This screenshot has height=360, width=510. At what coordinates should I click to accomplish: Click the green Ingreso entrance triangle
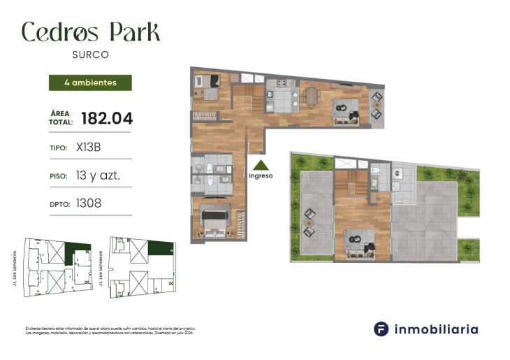point(261,166)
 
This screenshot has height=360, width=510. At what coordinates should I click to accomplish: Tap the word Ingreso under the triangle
point(261,176)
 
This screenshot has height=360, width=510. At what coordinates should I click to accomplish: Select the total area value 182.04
point(107,118)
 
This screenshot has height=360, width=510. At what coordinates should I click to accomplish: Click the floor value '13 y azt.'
point(98,175)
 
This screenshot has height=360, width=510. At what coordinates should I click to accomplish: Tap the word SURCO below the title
point(90,53)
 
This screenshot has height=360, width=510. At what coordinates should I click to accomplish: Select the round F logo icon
point(381,329)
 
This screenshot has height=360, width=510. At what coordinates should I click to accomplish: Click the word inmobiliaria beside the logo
point(437,329)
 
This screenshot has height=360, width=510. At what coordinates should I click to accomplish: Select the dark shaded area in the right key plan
point(161,249)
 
